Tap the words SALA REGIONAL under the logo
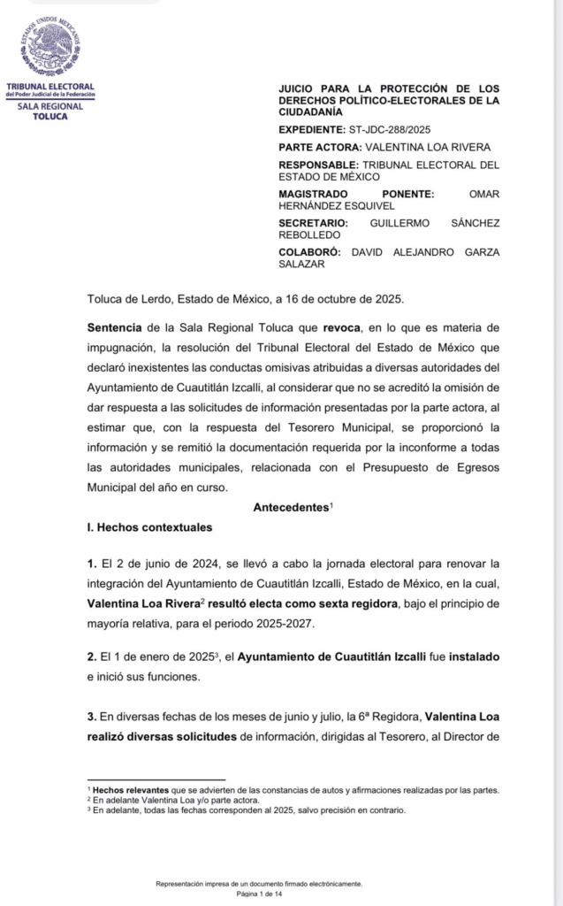[49, 106]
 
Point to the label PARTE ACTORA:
[319, 147]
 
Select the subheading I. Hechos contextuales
[149, 527]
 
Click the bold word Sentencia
[115, 327]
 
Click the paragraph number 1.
[91, 563]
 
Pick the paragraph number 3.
[91, 713]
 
